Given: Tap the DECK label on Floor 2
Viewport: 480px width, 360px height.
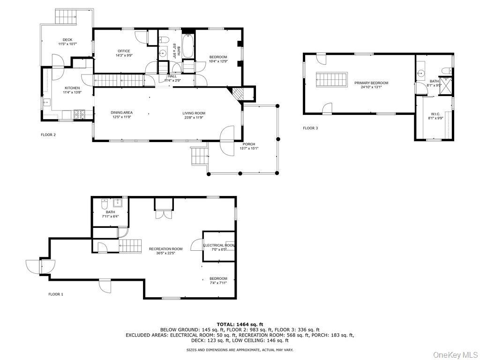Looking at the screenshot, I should pyautogui.click(x=67, y=40).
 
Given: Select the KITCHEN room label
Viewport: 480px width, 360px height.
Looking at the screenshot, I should pyautogui.click(x=72, y=88).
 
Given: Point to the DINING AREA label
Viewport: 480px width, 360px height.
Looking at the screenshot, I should pyautogui.click(x=121, y=112).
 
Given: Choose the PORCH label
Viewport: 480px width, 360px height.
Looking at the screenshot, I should pyautogui.click(x=249, y=144).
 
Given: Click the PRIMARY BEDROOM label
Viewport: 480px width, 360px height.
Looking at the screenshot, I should pyautogui.click(x=375, y=83).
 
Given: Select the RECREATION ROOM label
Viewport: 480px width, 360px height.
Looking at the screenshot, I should pyautogui.click(x=165, y=249).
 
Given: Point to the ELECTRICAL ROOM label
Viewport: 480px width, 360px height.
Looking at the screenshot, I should pyautogui.click(x=218, y=245).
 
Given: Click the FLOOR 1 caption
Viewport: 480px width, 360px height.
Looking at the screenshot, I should pyautogui.click(x=56, y=294).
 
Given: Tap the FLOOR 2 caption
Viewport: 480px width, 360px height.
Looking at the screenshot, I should pyautogui.click(x=48, y=135).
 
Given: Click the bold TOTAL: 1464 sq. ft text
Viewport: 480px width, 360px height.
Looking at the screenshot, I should pyautogui.click(x=240, y=324).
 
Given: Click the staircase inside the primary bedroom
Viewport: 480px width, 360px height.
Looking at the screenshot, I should pyautogui.click(x=332, y=79).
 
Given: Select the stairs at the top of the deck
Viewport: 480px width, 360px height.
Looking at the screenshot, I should pyautogui.click(x=66, y=18).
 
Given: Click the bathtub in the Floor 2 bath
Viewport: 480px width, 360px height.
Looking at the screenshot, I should pyautogui.click(x=188, y=46).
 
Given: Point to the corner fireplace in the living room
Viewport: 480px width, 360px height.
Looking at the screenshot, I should pyautogui.click(x=238, y=93).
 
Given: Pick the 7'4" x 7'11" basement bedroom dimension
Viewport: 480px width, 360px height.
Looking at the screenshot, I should pyautogui.click(x=218, y=283).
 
